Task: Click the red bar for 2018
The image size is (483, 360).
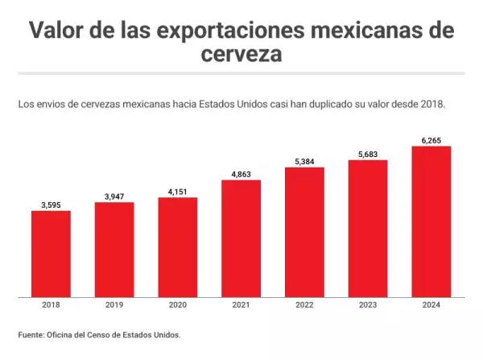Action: [51, 254]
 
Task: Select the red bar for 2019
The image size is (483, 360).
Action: [114, 250]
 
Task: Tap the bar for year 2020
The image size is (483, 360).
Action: [178, 247]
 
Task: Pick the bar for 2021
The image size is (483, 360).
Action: [241, 238]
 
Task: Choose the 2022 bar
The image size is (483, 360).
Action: [304, 232]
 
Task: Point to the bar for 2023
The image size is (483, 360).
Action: [368, 228]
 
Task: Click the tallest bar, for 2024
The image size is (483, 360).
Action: [431, 221]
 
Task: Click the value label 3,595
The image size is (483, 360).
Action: [51, 204]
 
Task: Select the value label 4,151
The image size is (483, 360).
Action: [178, 190]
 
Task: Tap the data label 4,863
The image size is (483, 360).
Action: [241, 172]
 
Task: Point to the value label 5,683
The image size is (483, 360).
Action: [368, 153]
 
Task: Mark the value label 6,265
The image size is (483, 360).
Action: [431, 139]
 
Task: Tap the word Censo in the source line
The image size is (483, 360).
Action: [112, 335]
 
